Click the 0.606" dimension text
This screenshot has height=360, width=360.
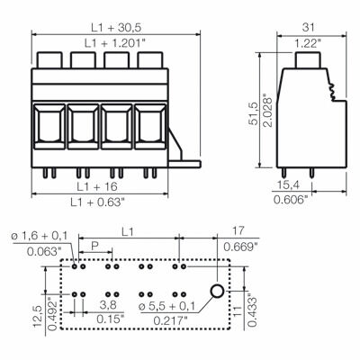point(290,200)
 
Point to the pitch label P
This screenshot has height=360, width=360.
point(94,246)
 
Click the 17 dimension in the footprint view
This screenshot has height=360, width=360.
point(238,232)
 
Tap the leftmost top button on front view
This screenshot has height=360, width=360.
point(49,61)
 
